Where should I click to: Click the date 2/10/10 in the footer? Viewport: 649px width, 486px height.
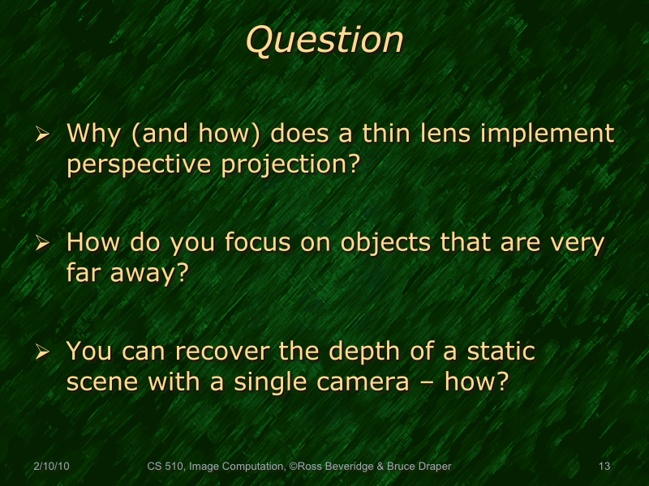click(51, 467)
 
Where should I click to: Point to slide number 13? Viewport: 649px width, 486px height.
click(604, 467)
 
